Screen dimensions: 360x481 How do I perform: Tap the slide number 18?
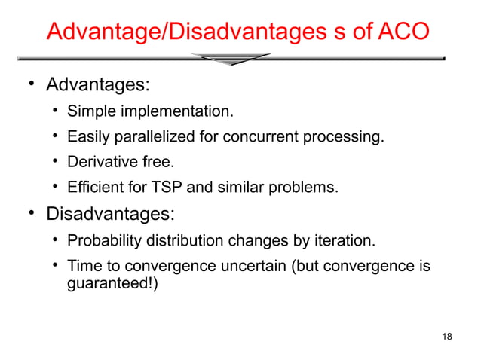coord(447,336)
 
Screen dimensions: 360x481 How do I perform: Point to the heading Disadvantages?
coord(110,215)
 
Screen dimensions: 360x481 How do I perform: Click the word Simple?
coord(90,113)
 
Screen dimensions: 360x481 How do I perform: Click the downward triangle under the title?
coord(230,59)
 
